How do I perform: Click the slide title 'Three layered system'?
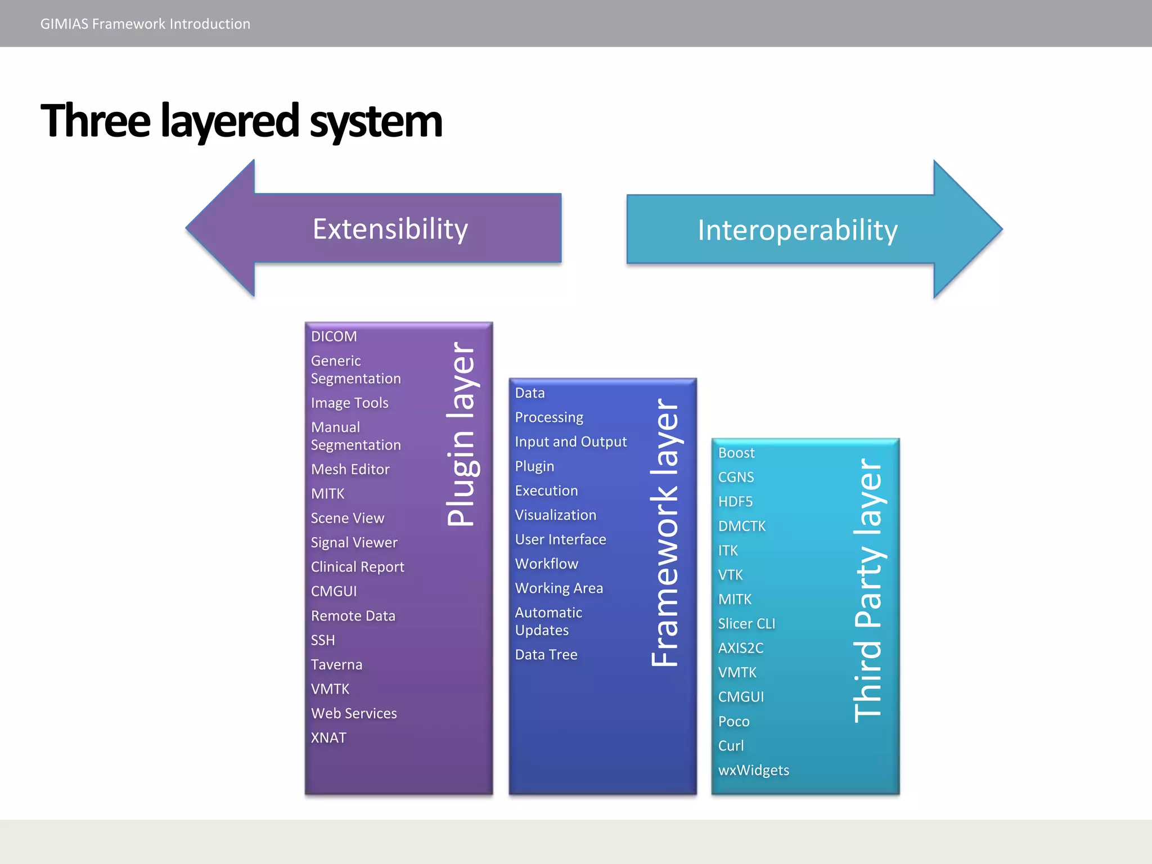[242, 121]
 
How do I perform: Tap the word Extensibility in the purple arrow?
[390, 229]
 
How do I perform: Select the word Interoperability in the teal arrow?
[797, 230]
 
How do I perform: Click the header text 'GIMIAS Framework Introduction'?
[145, 24]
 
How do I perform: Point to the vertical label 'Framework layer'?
[665, 532]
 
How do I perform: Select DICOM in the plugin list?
[334, 336]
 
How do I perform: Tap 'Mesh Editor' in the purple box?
[350, 469]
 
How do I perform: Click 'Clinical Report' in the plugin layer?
[357, 566]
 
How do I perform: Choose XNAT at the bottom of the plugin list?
[328, 737]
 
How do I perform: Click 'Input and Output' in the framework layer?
[570, 442]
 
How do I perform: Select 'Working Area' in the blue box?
[559, 588]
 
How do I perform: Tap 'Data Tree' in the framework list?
[546, 654]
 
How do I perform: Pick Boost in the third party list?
[736, 453]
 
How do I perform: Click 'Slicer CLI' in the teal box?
[746, 623]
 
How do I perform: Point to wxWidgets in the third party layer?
[753, 769]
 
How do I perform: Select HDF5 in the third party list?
[735, 501]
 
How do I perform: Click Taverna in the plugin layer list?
[336, 664]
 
